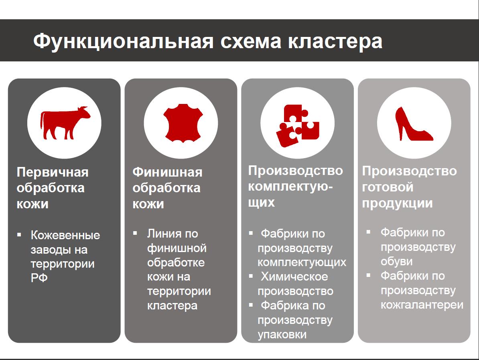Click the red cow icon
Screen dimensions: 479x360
click(x=65, y=123)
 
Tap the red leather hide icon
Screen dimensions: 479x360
click(x=183, y=123)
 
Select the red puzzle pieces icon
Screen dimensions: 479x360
click(x=298, y=125)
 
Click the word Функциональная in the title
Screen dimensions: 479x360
click(x=123, y=41)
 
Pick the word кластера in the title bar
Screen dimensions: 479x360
click(x=335, y=42)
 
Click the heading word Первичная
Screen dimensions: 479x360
click(x=53, y=172)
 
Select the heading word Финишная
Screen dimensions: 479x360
click(x=167, y=172)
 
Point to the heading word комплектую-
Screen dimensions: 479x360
click(x=290, y=186)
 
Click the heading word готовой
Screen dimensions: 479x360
click(x=388, y=187)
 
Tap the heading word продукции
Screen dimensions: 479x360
click(x=397, y=203)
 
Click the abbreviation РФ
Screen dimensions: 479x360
click(x=39, y=278)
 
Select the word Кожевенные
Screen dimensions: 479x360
click(x=65, y=235)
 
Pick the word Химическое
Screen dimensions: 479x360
click(x=294, y=277)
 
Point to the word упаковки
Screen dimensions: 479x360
click(x=282, y=334)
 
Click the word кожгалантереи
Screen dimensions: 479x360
click(x=422, y=305)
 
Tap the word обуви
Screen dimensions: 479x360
click(x=396, y=262)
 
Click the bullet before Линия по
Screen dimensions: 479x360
click(x=135, y=233)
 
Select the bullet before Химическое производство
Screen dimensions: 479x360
click(x=251, y=276)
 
